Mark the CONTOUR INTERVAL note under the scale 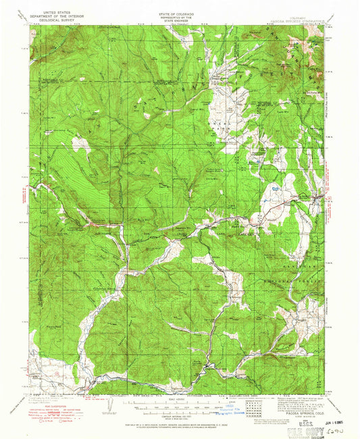pyautogui.click(x=179, y=413)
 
